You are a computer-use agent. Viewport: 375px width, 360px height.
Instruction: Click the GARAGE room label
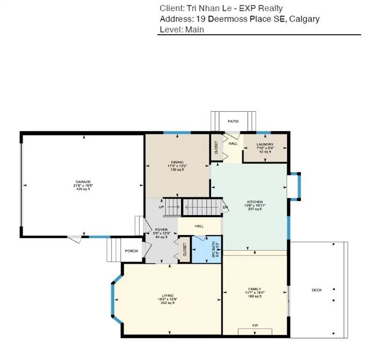click(x=83, y=182)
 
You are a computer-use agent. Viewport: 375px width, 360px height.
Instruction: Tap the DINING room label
click(x=177, y=162)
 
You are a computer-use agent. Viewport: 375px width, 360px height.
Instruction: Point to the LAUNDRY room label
click(x=264, y=144)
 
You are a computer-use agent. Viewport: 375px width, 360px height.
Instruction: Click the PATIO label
click(x=233, y=121)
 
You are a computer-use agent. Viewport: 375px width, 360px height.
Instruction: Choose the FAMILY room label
click(x=255, y=289)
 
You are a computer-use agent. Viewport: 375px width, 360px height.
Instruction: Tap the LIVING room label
click(x=167, y=295)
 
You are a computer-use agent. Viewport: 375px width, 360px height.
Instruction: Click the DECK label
click(x=317, y=290)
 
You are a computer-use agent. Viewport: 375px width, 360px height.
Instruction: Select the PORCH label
click(x=131, y=251)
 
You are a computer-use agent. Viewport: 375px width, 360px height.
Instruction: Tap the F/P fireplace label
click(x=255, y=325)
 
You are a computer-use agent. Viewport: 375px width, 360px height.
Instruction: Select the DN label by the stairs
click(x=225, y=207)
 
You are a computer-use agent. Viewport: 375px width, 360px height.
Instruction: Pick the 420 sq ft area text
click(x=83, y=189)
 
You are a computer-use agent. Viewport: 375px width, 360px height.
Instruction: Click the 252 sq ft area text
click(x=167, y=303)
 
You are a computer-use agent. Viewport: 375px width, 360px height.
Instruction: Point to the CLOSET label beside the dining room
click(x=216, y=148)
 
